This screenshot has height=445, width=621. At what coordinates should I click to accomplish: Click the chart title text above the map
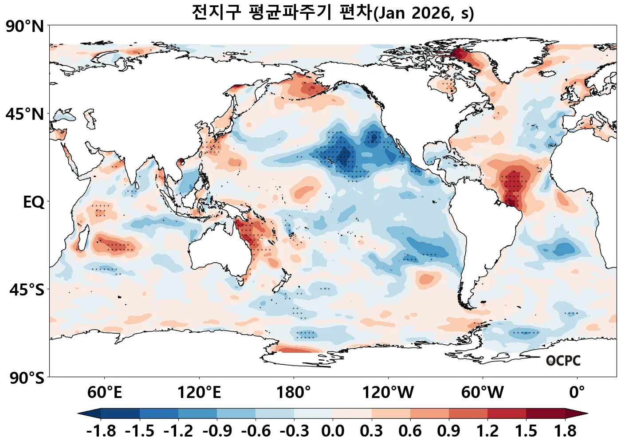[333, 12]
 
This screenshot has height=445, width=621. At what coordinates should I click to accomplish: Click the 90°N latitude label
[25, 27]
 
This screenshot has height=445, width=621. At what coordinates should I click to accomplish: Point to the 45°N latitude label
[25, 114]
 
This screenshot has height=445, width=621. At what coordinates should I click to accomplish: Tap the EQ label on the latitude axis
[34, 202]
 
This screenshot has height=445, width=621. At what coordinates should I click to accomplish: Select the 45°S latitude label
[27, 290]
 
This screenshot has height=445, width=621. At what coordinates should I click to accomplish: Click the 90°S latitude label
[27, 378]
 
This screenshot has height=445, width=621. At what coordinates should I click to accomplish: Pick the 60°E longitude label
[104, 393]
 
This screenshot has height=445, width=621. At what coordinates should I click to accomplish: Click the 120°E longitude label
[199, 393]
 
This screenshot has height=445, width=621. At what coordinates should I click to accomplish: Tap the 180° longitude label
[294, 393]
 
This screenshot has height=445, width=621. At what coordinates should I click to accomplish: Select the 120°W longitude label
[388, 393]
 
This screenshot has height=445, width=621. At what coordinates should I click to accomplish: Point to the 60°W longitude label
[483, 393]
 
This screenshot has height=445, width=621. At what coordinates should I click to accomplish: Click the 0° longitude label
[577, 393]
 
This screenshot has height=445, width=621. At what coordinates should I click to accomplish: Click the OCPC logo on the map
[563, 361]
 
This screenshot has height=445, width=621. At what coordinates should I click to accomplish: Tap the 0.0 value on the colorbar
[333, 431]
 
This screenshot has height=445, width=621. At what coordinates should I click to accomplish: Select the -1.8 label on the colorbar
[101, 431]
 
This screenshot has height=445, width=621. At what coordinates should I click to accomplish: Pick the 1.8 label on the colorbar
[565, 431]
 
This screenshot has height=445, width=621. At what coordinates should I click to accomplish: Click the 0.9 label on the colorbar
[448, 431]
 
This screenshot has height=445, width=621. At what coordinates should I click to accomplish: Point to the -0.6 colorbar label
[255, 431]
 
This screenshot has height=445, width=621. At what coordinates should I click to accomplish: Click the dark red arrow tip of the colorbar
[577, 414]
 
